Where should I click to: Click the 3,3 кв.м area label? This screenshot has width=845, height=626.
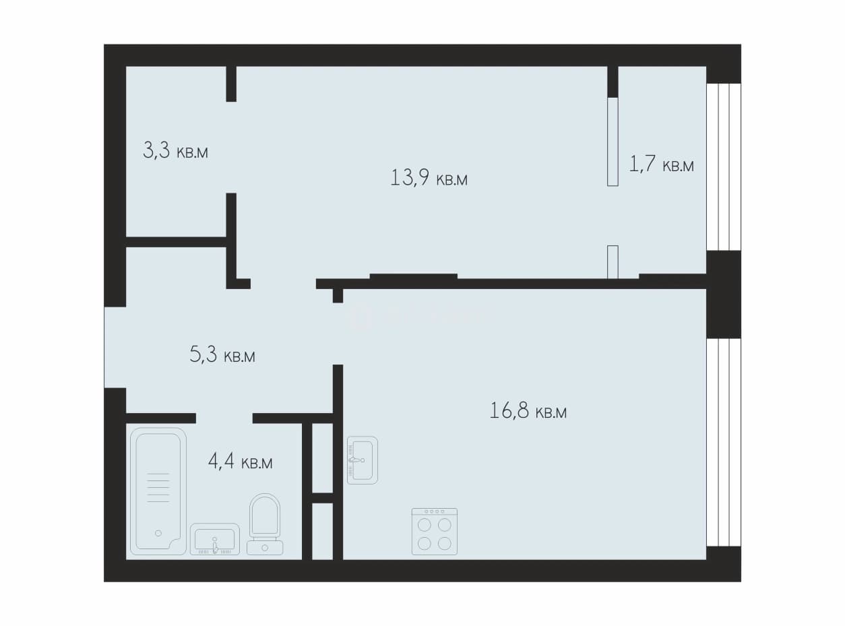click(x=175, y=150)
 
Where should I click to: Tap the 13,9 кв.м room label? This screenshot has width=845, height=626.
click(x=429, y=177)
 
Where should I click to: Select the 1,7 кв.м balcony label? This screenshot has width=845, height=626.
click(x=661, y=164)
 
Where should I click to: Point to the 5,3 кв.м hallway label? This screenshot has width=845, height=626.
click(x=222, y=354)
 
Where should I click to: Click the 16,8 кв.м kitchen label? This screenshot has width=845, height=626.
click(x=528, y=411)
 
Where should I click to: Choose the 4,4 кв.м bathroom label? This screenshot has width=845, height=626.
click(x=240, y=462)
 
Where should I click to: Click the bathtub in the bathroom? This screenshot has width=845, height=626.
click(x=158, y=491)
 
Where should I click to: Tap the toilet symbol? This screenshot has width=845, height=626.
click(x=265, y=524)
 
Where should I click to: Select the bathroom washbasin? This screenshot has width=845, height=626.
click(x=215, y=539)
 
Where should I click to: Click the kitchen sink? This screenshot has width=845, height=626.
click(x=363, y=460)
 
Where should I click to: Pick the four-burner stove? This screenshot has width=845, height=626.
click(x=435, y=532)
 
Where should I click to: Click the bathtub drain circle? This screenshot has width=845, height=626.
click(x=158, y=534)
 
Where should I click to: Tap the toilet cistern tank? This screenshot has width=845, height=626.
click(x=265, y=548)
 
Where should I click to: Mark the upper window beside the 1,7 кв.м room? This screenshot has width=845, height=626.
click(x=724, y=167)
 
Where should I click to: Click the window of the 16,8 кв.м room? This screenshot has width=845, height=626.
click(x=724, y=442)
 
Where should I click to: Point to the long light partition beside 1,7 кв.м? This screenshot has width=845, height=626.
click(x=613, y=142)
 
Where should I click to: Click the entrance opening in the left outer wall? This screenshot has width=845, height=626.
click(x=115, y=348)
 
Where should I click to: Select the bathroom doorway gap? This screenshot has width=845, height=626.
click(x=224, y=418)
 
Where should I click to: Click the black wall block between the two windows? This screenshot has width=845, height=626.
click(x=724, y=294)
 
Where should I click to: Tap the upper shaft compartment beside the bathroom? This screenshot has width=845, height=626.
click(x=323, y=458)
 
